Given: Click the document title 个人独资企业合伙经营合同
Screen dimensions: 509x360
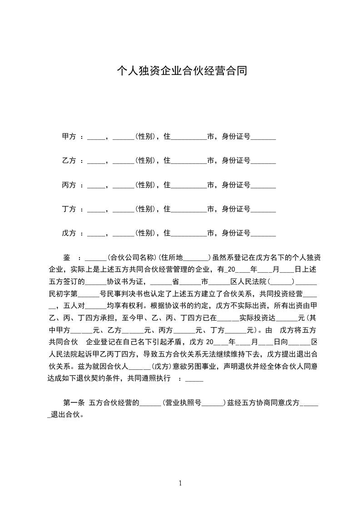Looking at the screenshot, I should (182, 71).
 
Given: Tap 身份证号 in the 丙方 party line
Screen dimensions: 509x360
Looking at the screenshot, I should (236, 185).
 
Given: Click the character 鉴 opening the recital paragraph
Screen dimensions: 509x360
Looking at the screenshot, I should (66, 257).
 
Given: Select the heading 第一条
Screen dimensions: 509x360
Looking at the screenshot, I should (74, 402).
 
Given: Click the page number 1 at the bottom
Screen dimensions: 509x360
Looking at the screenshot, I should (181, 483).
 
